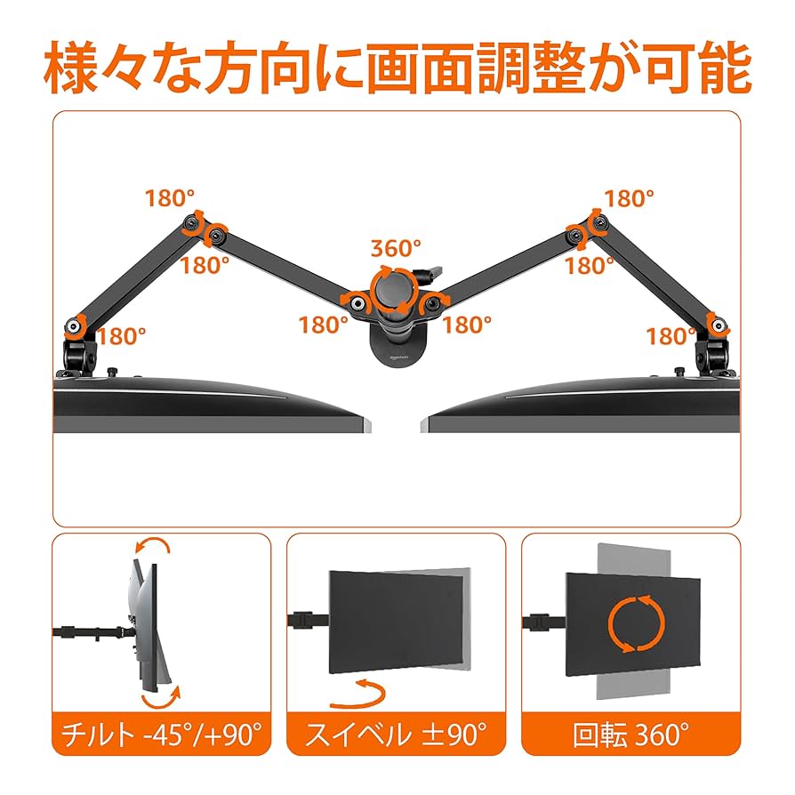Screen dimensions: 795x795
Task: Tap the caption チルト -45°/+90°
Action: click(161, 735)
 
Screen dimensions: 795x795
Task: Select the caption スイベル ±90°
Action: click(396, 735)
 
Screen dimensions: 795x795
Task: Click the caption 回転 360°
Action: click(630, 735)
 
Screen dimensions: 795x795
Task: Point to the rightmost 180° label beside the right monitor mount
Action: click(671, 337)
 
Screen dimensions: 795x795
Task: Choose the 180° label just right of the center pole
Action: click(468, 325)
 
